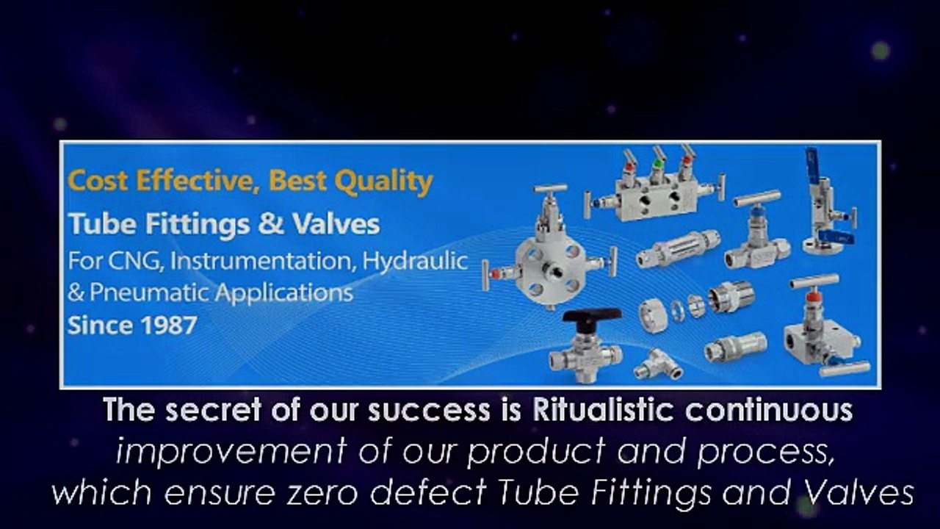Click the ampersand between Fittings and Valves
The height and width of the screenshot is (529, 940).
tap(270, 223)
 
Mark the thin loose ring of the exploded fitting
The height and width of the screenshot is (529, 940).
tap(678, 310)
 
